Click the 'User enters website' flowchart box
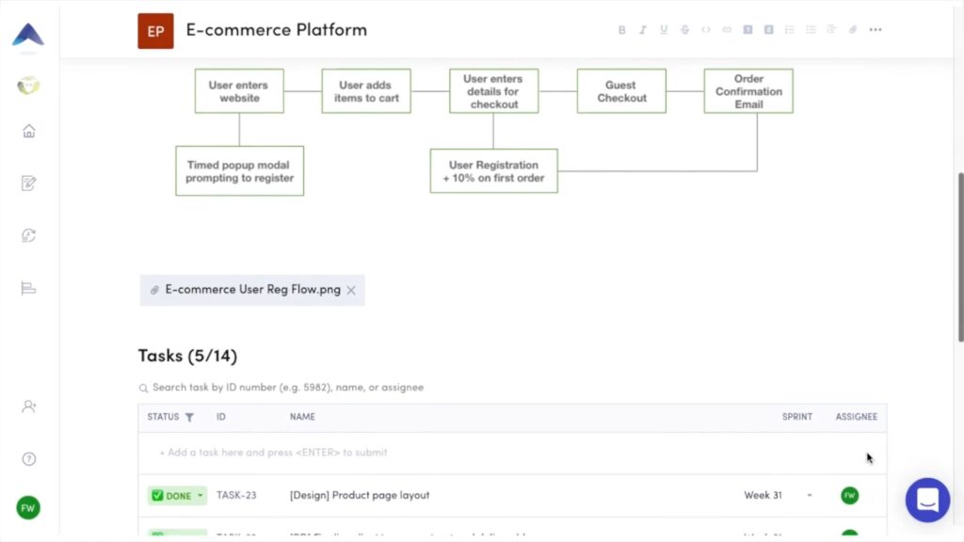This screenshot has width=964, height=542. tap(239, 91)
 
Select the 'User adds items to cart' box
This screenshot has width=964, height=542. tap(366, 91)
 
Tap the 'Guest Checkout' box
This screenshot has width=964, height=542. tap(621, 91)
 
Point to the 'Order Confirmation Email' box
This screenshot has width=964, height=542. tap(748, 91)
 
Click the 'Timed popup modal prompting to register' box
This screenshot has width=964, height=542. tap(239, 171)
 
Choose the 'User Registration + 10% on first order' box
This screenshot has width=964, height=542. tap(493, 171)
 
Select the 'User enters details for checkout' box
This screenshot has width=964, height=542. tap(493, 91)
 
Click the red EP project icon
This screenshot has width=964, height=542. tap(155, 31)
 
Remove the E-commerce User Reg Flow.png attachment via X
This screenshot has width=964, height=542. tap(351, 291)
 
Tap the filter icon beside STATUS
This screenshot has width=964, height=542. tap(189, 417)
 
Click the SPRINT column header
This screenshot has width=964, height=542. tap(796, 417)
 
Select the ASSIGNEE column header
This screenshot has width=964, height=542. tap(856, 417)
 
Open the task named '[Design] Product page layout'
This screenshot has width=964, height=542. tap(360, 496)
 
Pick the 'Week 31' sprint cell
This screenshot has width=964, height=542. tap(763, 496)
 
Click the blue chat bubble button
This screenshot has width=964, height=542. tap(927, 500)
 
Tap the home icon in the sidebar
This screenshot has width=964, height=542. tap(28, 132)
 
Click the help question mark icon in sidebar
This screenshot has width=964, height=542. tap(28, 459)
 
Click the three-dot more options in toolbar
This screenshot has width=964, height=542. tap(876, 30)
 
